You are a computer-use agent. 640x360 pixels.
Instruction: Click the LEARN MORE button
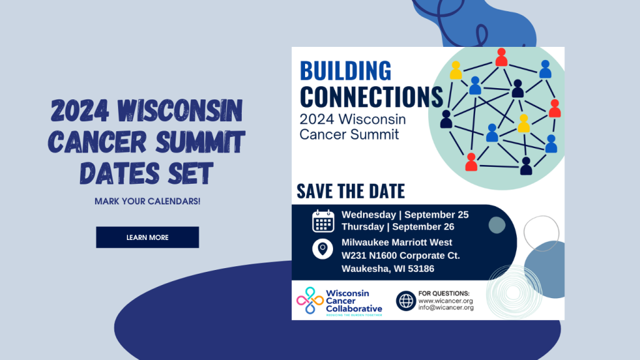(147, 237)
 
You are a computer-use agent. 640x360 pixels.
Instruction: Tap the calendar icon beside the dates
(323, 221)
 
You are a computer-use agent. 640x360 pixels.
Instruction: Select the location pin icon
(322, 249)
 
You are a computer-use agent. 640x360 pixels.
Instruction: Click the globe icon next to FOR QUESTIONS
(406, 301)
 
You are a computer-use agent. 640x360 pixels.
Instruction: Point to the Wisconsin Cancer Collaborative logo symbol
(309, 301)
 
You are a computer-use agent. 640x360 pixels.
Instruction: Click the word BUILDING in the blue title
(346, 71)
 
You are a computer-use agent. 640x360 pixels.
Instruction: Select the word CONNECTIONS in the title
(371, 97)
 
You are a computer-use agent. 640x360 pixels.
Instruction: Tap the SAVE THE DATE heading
(351, 191)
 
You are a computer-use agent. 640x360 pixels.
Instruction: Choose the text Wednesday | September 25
(405, 215)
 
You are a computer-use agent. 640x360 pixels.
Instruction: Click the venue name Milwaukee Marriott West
(397, 242)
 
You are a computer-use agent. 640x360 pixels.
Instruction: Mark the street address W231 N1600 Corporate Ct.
(401, 256)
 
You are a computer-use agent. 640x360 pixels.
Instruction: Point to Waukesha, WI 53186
(387, 269)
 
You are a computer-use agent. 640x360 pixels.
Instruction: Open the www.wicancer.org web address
(445, 301)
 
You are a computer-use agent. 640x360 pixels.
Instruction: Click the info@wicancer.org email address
(446, 307)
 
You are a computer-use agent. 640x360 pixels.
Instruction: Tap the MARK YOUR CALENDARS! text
(147, 202)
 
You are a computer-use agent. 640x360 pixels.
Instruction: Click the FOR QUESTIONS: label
(444, 293)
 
